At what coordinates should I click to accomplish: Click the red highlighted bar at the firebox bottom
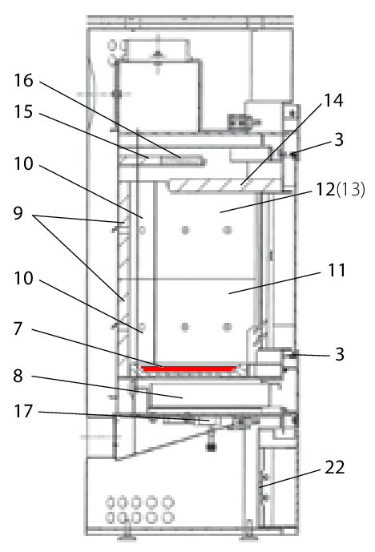point(189,369)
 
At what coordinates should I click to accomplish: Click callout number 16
point(23,81)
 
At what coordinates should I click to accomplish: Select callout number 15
point(23,112)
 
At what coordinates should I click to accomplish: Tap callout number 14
point(333,100)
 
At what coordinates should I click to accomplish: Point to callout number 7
point(18,328)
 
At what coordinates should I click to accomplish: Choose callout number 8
point(18,376)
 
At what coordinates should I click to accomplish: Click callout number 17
point(23,411)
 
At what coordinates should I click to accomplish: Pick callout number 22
point(334,468)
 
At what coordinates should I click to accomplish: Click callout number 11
point(337,270)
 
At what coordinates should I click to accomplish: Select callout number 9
point(18,213)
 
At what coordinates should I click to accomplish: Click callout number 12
point(325,189)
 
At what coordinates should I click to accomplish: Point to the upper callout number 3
point(339,139)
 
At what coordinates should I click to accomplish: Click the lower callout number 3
point(340,354)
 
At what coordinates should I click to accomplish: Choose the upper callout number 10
point(23,163)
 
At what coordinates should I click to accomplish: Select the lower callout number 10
point(23,278)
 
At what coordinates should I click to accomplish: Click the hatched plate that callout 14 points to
point(223,186)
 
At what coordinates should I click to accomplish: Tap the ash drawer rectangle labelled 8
point(209,395)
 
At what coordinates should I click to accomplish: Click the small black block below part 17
point(211,447)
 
